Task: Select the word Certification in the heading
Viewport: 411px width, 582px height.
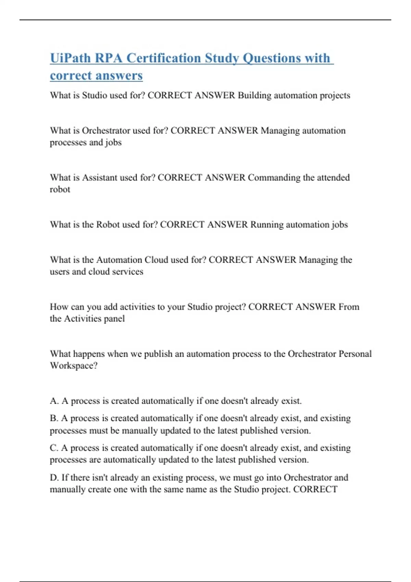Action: (x=164, y=58)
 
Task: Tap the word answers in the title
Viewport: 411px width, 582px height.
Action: (x=120, y=76)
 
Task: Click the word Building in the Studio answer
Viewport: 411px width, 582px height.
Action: (x=254, y=95)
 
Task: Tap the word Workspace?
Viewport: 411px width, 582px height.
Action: (x=74, y=366)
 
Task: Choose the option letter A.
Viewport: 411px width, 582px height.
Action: (x=54, y=401)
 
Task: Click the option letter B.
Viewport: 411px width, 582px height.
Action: (x=53, y=418)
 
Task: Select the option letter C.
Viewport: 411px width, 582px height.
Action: (x=53, y=448)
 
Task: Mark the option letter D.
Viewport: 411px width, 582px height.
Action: (x=54, y=478)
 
